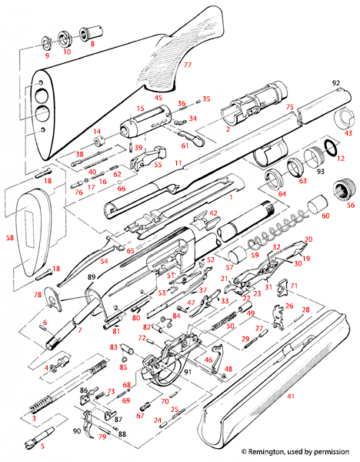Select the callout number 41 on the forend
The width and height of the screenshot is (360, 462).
(x=291, y=396)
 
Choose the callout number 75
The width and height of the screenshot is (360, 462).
(x=290, y=107)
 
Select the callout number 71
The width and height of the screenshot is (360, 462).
(x=293, y=286)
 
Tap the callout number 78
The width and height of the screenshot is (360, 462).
(x=38, y=295)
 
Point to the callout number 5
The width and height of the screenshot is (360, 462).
(x=42, y=446)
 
